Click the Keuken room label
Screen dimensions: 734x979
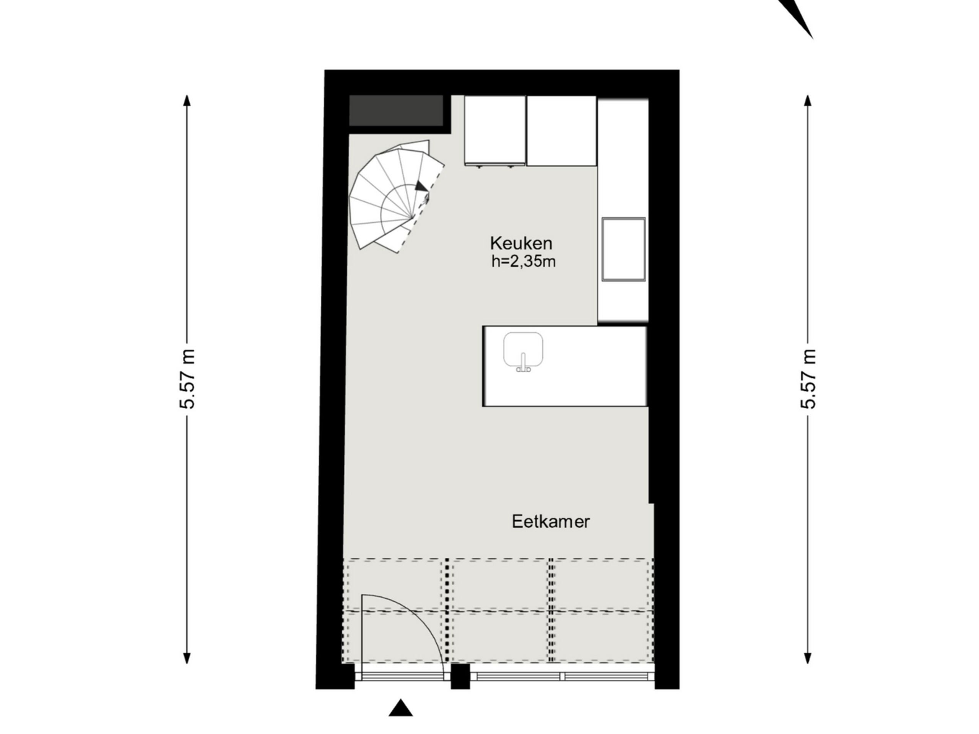[521, 244]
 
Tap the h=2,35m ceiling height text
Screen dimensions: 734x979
[523, 262]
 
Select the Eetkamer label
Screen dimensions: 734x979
[551, 521]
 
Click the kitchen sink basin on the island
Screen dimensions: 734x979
[523, 349]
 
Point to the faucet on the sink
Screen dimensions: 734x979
[523, 364]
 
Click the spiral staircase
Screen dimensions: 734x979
[389, 199]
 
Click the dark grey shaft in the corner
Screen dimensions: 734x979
[396, 110]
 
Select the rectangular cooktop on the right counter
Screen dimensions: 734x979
[623, 249]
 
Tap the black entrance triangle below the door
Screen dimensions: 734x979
[400, 708]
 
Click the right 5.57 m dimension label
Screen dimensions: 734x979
[808, 379]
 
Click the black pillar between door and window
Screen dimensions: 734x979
[460, 676]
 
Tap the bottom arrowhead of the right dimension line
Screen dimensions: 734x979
[808, 658]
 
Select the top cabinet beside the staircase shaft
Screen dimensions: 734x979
[494, 130]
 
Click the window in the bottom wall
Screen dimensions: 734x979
[562, 676]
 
